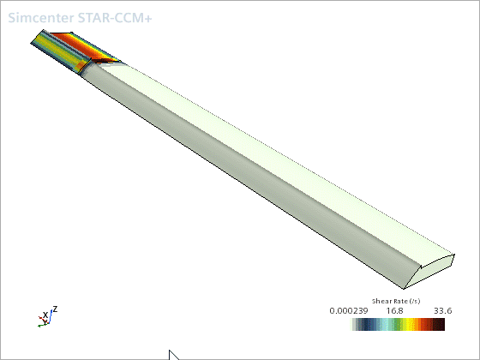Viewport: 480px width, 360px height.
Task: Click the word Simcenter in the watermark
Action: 41,18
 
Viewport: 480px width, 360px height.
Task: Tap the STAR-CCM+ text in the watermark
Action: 115,18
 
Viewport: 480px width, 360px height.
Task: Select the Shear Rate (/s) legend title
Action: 396,301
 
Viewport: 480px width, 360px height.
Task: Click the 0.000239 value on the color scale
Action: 349,311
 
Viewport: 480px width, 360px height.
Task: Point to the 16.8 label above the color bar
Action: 394,311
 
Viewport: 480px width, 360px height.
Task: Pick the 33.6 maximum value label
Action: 442,311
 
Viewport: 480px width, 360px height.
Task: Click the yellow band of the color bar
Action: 411,325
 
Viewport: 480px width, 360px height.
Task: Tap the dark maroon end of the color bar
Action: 439,325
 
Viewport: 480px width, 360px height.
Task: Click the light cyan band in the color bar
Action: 384,325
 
